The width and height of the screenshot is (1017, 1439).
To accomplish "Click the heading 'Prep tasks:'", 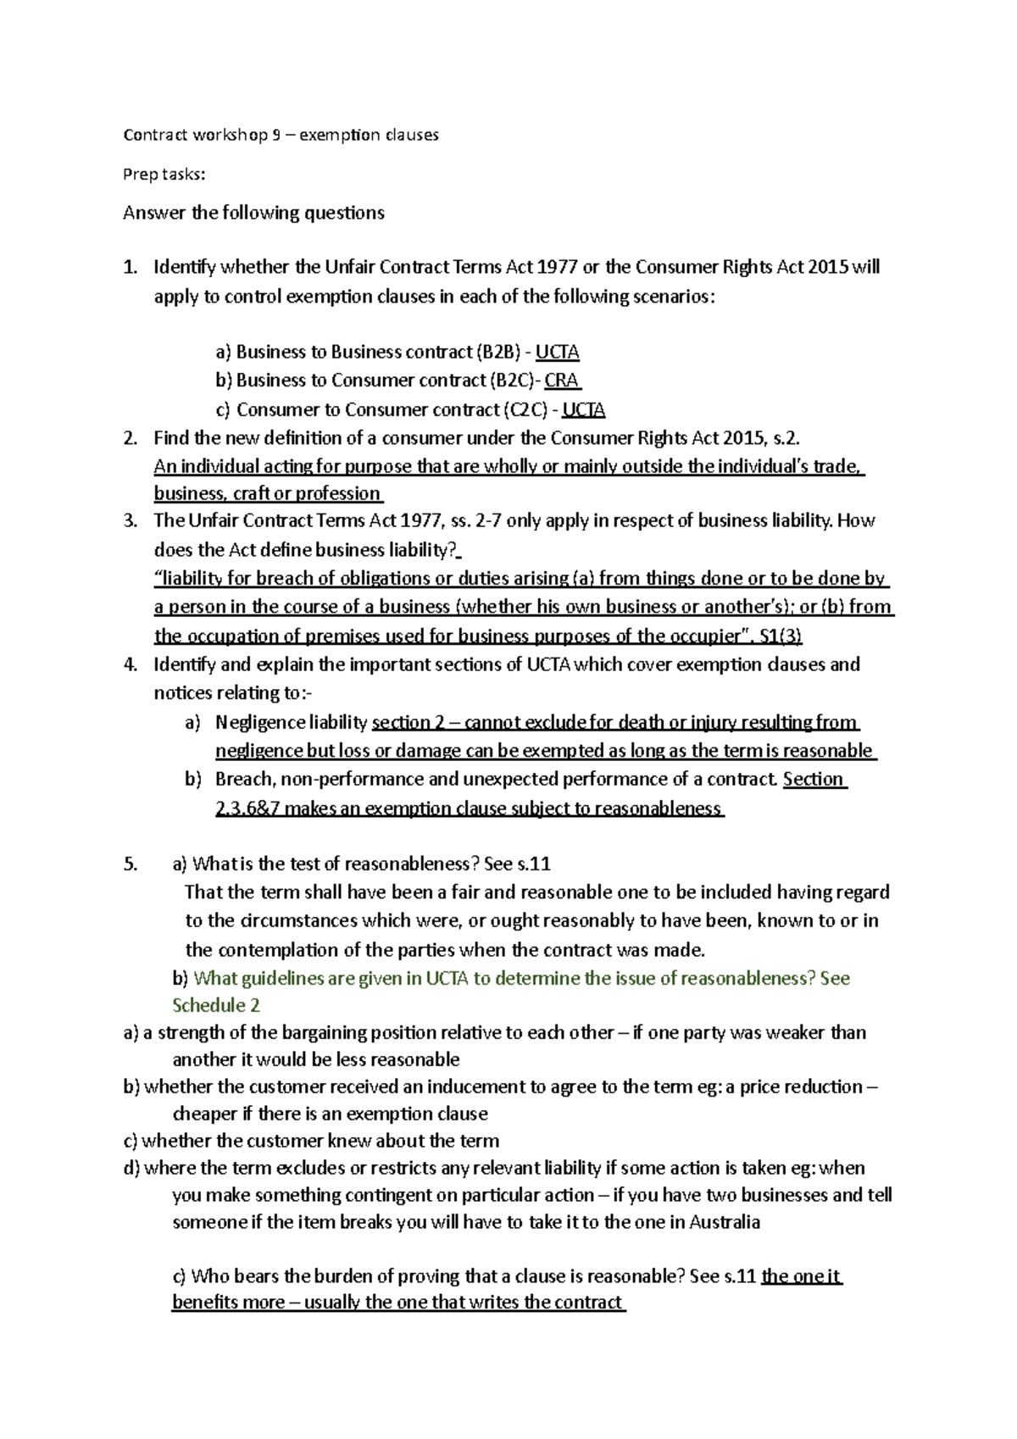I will [164, 174].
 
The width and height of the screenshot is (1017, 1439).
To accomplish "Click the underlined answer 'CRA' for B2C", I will [562, 380].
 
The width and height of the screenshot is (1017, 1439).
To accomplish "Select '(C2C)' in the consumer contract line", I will [525, 410].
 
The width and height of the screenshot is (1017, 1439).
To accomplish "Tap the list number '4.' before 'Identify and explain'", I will [131, 664].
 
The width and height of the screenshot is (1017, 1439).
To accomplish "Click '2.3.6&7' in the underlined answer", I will [247, 808].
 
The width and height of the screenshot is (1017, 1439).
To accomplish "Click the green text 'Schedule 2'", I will [215, 1005].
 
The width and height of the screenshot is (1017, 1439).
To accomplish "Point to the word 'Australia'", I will [724, 1222].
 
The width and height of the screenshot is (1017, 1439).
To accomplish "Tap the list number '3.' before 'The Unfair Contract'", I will [131, 520].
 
